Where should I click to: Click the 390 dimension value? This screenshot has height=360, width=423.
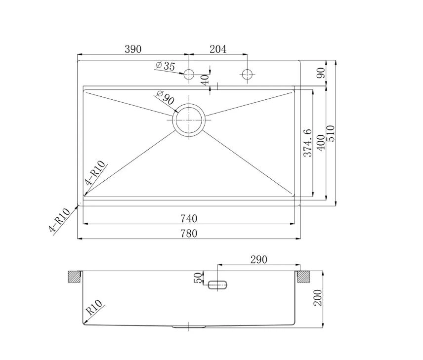[x=133, y=49]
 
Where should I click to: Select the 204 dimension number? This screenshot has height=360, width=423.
[x=218, y=49]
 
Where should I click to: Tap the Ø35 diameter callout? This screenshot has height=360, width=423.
[x=166, y=66]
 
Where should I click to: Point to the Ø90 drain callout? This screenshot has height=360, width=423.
[x=165, y=97]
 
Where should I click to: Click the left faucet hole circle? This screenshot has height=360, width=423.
[x=189, y=74]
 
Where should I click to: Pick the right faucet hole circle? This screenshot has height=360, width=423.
[x=248, y=74]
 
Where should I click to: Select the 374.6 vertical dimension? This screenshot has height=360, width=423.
[x=308, y=143]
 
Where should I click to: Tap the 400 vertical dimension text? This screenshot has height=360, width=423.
[x=321, y=143]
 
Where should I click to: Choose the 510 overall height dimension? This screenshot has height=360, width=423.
[x=331, y=133]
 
